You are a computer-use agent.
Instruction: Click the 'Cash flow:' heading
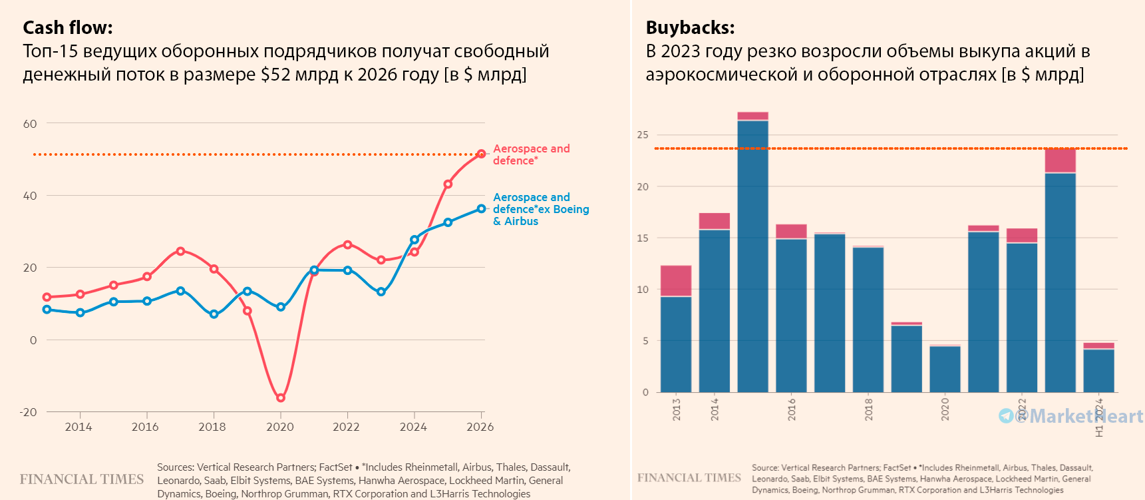pyautogui.click(x=68, y=28)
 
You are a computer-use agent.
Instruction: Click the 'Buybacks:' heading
pyautogui.click(x=690, y=28)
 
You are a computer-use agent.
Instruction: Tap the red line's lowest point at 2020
pyautogui.click(x=281, y=397)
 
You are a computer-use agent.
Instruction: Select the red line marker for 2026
pyautogui.click(x=481, y=154)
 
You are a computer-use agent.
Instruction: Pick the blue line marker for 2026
pyautogui.click(x=481, y=209)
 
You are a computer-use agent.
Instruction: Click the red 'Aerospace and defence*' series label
pyautogui.click(x=531, y=154)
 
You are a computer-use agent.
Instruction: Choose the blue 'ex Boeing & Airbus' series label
pyautogui.click(x=540, y=209)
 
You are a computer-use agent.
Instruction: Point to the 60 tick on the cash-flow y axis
pyautogui.click(x=30, y=124)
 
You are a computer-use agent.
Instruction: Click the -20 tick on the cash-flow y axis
pyautogui.click(x=29, y=412)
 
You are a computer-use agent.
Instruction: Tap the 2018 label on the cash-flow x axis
pyautogui.click(x=212, y=427)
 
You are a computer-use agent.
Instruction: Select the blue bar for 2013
pyautogui.click(x=676, y=344)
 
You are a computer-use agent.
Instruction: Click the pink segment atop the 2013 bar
pyautogui.click(x=676, y=281)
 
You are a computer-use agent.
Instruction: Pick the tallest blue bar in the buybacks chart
pyautogui.click(x=753, y=256)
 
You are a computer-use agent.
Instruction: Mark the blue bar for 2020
pyautogui.click(x=945, y=369)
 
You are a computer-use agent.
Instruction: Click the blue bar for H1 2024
pyautogui.click(x=1099, y=370)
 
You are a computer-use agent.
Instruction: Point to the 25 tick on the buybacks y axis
pyautogui.click(x=642, y=135)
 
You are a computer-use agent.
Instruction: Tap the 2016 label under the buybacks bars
pyautogui.click(x=792, y=409)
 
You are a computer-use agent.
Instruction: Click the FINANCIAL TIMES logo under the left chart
pyautogui.click(x=82, y=479)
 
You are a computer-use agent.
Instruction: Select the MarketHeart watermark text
pyautogui.click(x=1078, y=416)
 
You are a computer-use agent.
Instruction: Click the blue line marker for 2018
pyautogui.click(x=214, y=314)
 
